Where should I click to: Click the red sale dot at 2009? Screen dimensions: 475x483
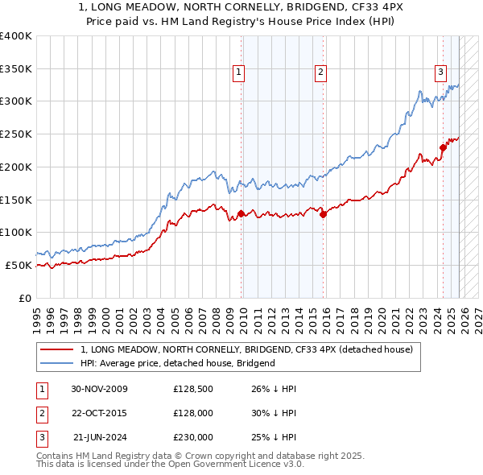pos(241,213)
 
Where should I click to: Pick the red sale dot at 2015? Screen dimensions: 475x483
pos(323,214)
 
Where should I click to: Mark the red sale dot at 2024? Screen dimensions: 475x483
pos(443,147)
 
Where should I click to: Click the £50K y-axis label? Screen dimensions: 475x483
pos(19,265)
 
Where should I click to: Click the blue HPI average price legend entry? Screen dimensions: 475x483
pos(178,363)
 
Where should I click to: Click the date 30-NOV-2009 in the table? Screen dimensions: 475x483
pos(99,390)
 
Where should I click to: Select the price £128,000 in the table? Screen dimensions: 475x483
pos(192,413)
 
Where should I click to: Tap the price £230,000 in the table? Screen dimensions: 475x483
pos(192,437)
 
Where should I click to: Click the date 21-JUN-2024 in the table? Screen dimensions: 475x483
pos(99,437)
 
